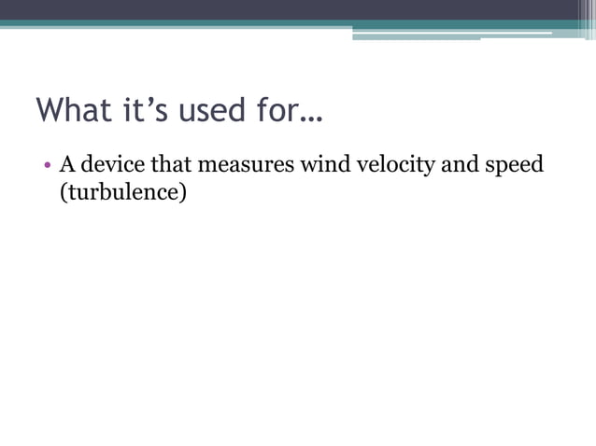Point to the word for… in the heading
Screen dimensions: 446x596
pyautogui.click(x=284, y=110)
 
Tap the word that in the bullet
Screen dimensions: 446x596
pyautogui.click(x=173, y=166)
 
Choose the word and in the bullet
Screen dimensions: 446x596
pyautogui.click(x=464, y=166)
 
